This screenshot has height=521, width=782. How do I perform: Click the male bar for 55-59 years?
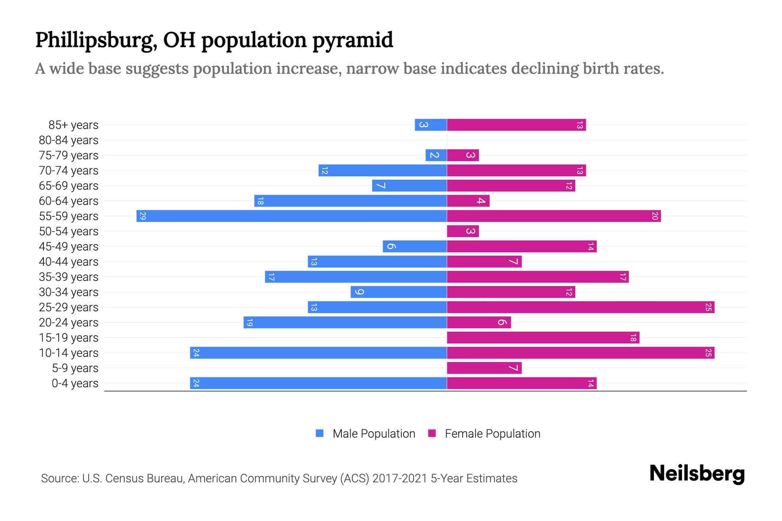click(292, 216)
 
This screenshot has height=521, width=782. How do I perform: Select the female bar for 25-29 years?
click(580, 307)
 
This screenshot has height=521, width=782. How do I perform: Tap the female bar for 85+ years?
click(516, 125)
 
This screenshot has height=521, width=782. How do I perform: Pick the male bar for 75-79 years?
click(436, 155)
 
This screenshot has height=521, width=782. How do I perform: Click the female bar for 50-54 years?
click(463, 231)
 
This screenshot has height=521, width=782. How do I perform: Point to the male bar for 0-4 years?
click(318, 383)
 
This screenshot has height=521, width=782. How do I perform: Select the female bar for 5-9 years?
click(484, 368)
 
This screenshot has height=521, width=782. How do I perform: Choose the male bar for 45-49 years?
click(414, 247)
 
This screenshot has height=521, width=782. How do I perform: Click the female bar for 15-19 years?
click(543, 338)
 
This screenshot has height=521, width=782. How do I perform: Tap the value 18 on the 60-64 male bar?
click(260, 201)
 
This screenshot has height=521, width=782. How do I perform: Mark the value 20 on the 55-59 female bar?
click(655, 216)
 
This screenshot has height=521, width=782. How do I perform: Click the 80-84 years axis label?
click(69, 140)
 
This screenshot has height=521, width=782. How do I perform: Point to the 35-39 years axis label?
click(69, 277)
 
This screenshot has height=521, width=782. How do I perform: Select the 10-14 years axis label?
click(69, 353)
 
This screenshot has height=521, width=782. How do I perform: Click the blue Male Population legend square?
click(320, 433)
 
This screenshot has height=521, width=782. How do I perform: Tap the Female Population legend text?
click(492, 434)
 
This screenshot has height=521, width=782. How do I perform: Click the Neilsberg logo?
click(697, 473)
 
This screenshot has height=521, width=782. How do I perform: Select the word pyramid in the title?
click(353, 40)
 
